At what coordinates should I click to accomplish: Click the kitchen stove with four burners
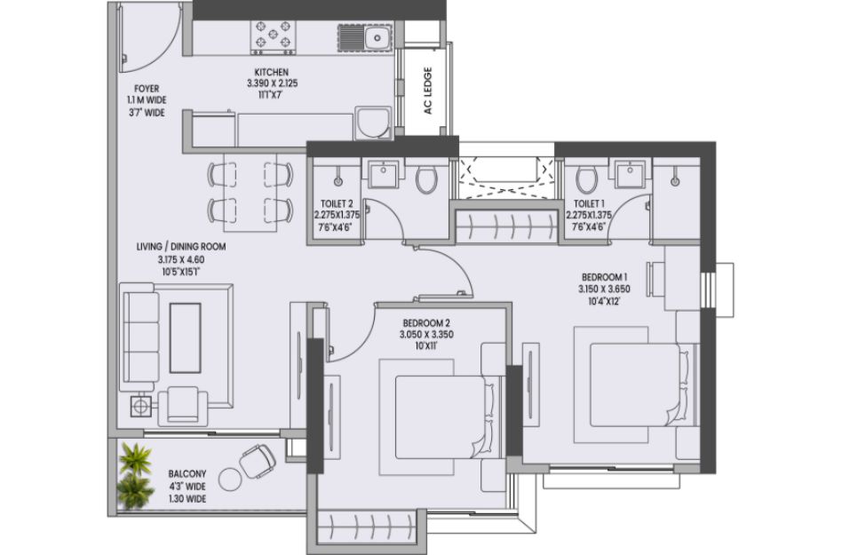pyautogui.click(x=274, y=37)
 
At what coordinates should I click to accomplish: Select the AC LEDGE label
pyautogui.click(x=428, y=91)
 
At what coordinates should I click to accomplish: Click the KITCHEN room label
pyautogui.click(x=272, y=72)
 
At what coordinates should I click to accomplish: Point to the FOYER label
pyautogui.click(x=147, y=89)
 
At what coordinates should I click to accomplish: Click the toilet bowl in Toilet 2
pyautogui.click(x=426, y=178)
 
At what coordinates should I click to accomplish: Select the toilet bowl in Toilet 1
pyautogui.click(x=586, y=178)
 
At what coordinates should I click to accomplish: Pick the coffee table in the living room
pyautogui.click(x=186, y=337)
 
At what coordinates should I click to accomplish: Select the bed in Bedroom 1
pyautogui.click(x=640, y=385)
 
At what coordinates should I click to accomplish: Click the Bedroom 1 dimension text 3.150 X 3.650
pyautogui.click(x=604, y=289)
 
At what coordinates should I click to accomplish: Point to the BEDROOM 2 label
pyautogui.click(x=426, y=323)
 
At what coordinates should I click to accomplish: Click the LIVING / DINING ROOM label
pyautogui.click(x=181, y=247)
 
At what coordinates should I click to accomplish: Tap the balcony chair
pyautogui.click(x=257, y=461)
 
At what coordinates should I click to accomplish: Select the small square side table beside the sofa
pyautogui.click(x=141, y=407)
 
